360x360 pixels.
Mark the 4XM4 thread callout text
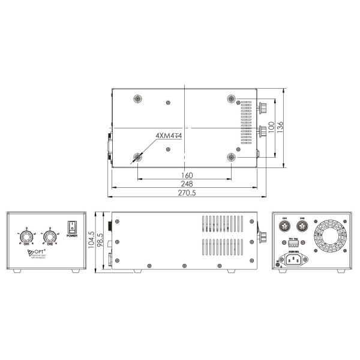tap(168, 136)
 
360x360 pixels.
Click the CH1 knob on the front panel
tap(26, 238)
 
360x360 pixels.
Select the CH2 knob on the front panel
tap(51, 238)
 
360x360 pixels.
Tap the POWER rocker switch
tap(72, 227)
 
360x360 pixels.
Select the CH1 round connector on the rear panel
tap(286, 227)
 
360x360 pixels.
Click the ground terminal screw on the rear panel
tap(278, 262)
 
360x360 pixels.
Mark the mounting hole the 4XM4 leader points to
tap(138, 157)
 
